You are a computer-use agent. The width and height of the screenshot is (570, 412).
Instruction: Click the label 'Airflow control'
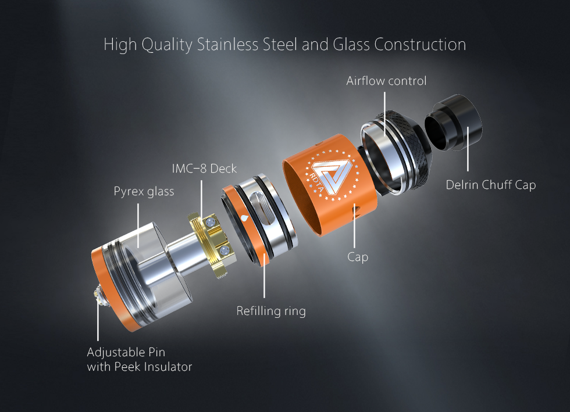[386, 81]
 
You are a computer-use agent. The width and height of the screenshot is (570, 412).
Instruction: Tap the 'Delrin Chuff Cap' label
[490, 185]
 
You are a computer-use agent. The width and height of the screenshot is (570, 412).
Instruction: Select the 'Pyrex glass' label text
[144, 191]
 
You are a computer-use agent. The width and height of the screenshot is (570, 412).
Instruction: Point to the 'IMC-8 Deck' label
[204, 169]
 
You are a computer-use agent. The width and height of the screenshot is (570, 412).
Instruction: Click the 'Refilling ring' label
[270, 311]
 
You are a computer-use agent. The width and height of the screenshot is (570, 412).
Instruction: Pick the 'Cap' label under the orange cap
[358, 256]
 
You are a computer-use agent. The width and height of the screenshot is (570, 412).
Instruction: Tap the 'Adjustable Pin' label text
[126, 352]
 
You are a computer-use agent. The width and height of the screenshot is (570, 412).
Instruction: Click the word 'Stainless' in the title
[227, 45]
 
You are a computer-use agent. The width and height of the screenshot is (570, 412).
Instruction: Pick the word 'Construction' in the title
[420, 45]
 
